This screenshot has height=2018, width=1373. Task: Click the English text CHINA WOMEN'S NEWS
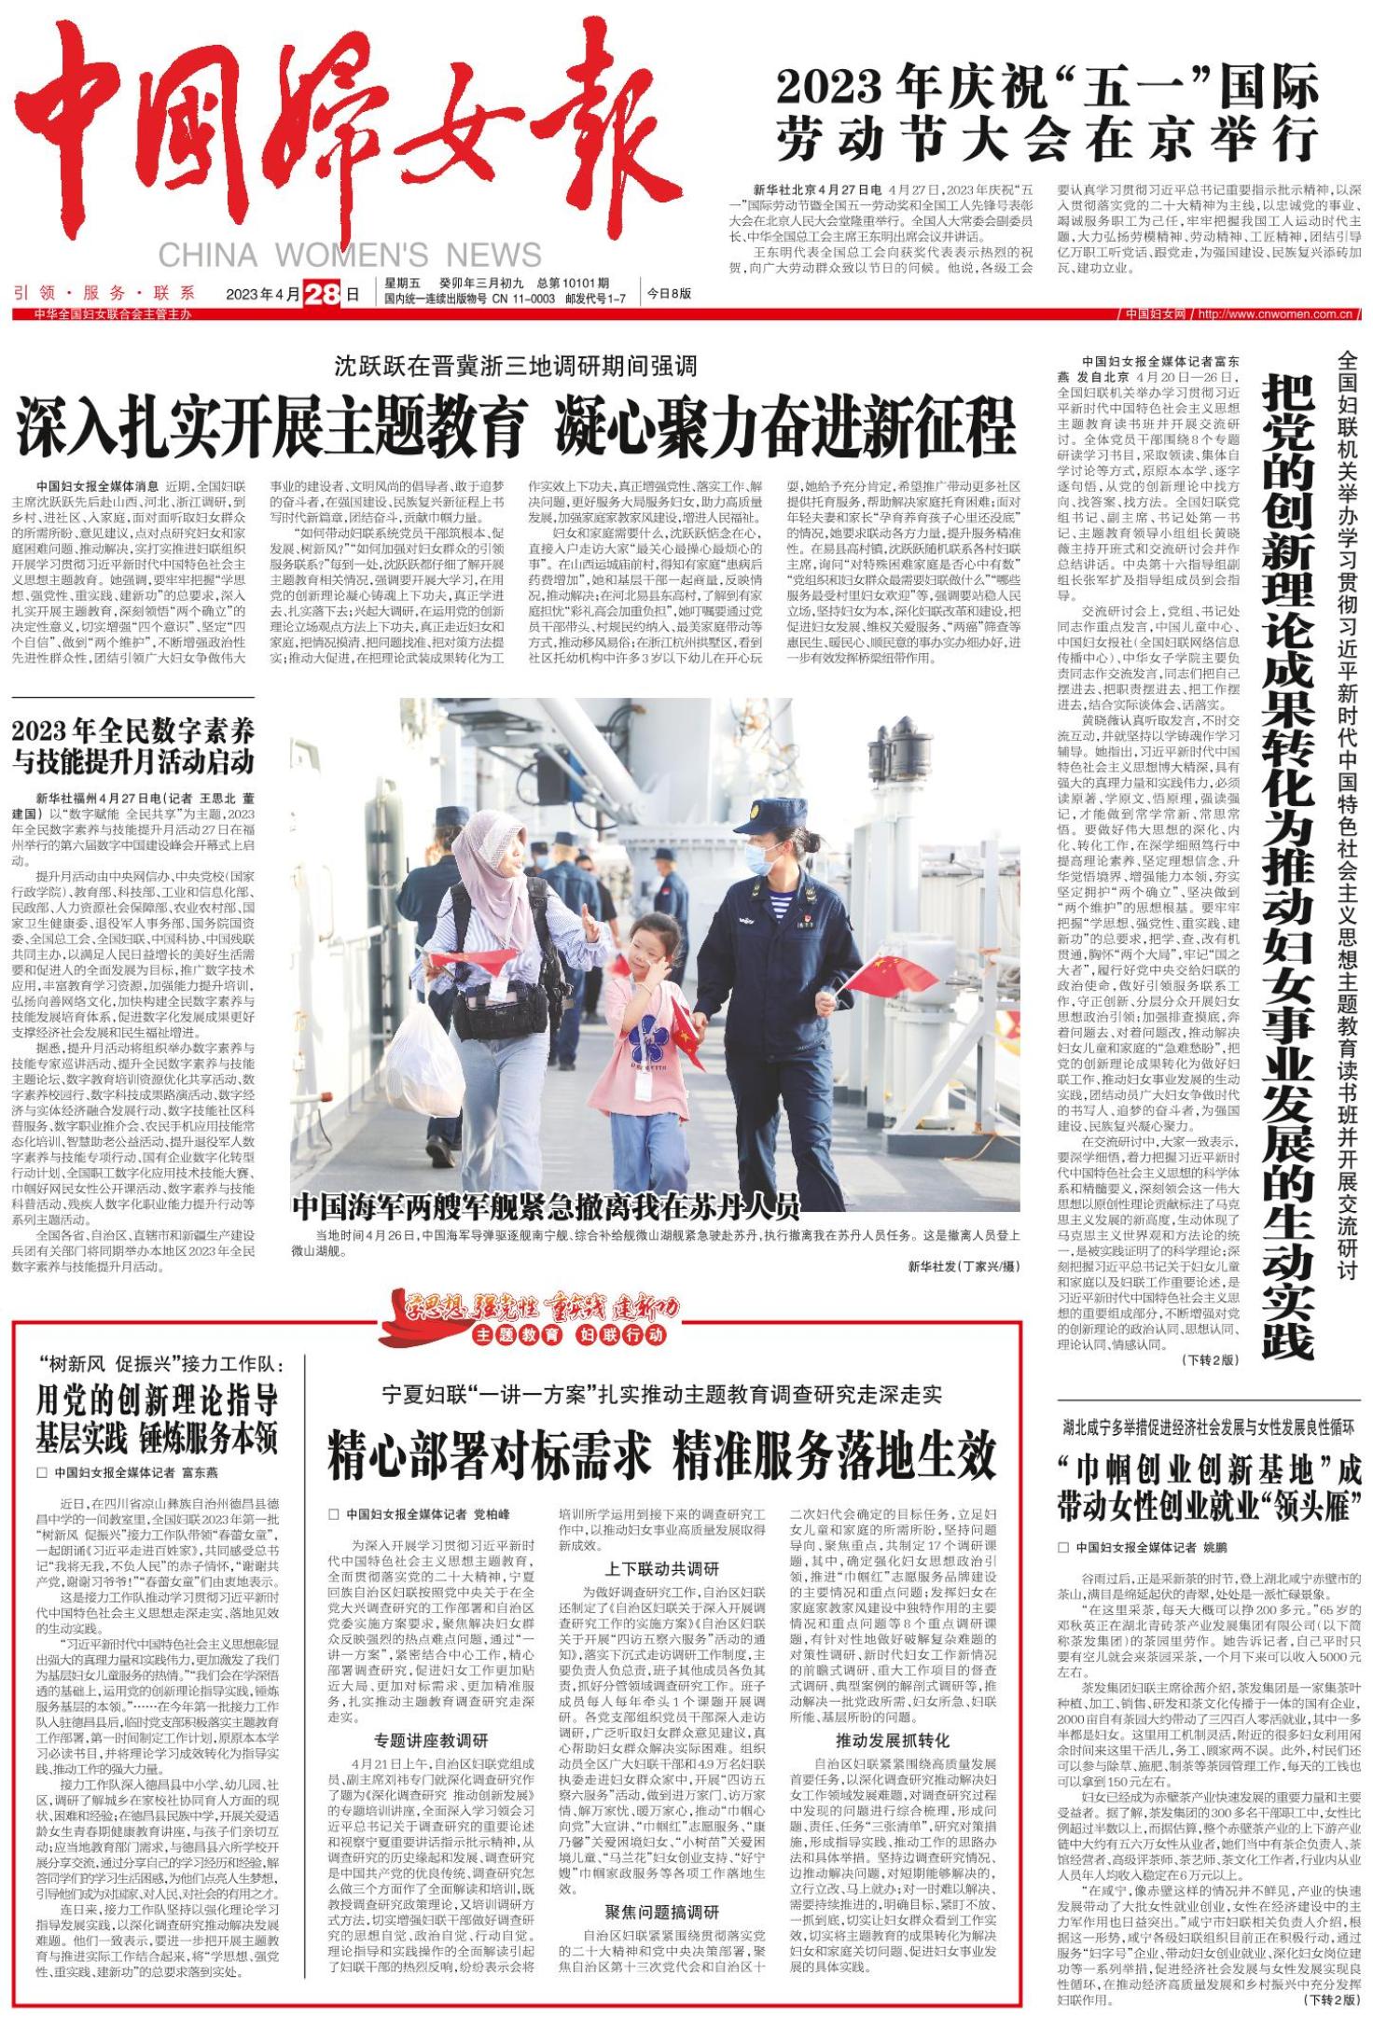point(349,255)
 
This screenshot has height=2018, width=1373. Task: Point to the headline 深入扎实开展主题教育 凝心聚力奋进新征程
point(516,424)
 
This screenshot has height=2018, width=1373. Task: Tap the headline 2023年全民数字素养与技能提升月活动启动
point(133,745)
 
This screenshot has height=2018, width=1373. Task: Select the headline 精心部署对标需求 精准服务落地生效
point(661,1454)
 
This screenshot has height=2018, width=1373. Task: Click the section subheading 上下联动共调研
point(662,1568)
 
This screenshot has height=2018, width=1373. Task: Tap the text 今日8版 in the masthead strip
point(670,293)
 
